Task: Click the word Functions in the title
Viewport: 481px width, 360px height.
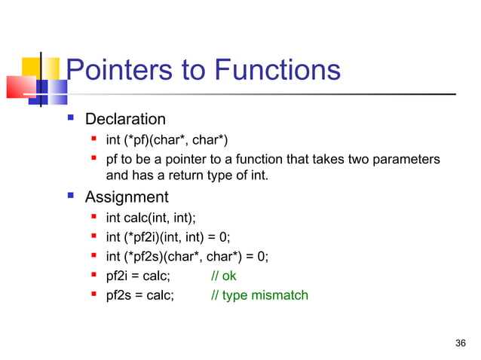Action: click(x=277, y=71)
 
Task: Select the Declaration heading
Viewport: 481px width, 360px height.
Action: click(x=125, y=119)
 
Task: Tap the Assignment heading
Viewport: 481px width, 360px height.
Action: click(x=127, y=197)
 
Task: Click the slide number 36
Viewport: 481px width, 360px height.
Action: click(x=461, y=343)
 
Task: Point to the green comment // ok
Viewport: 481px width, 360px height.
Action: click(x=224, y=276)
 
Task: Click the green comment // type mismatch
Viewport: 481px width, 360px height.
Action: click(x=259, y=295)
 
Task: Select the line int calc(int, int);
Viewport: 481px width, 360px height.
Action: click(x=150, y=218)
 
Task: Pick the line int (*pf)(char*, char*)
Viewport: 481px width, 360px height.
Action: click(x=166, y=139)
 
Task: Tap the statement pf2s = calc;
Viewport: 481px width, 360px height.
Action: click(x=139, y=295)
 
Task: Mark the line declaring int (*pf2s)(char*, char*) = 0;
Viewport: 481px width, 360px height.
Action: click(x=186, y=256)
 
